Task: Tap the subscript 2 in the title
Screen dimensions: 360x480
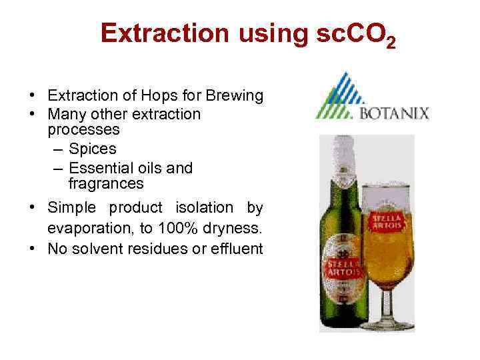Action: (x=391, y=44)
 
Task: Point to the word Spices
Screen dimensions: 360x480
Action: (x=93, y=148)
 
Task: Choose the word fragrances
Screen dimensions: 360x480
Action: (x=106, y=183)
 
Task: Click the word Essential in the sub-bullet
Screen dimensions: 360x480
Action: (x=100, y=168)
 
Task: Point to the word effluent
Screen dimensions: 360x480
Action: (x=237, y=249)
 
